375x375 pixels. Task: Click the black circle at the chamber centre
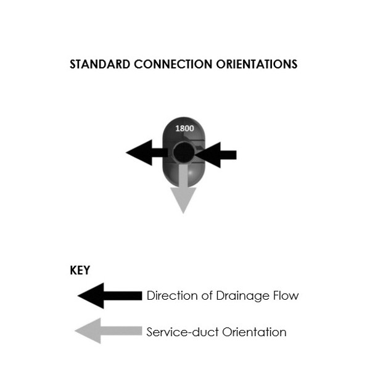point(183,153)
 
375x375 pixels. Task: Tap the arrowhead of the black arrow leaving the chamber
point(138,153)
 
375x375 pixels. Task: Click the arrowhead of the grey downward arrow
point(183,200)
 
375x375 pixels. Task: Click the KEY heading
point(80,271)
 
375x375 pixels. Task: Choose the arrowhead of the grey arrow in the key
point(86,332)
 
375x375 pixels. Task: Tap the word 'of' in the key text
point(205,295)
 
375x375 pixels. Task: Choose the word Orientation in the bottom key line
point(253,332)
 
